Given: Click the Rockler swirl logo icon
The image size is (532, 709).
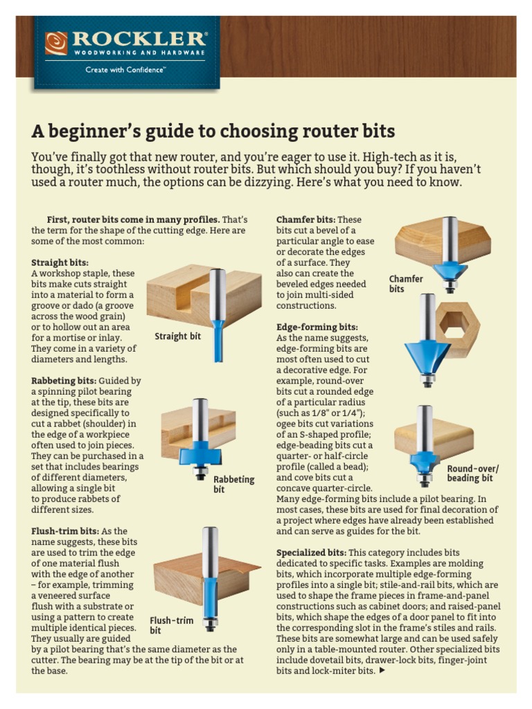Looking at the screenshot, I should (56, 43).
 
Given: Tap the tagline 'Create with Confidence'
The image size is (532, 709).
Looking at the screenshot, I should (125, 70).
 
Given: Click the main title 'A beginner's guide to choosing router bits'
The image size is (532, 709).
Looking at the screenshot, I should (213, 132).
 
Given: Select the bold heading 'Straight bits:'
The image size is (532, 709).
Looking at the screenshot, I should (60, 263).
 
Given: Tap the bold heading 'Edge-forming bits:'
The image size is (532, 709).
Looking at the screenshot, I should (317, 327).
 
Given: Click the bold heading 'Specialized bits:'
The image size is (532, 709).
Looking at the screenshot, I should (311, 553).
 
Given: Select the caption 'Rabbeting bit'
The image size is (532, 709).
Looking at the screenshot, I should (233, 484).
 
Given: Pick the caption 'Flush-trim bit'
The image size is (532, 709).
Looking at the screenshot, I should (171, 625).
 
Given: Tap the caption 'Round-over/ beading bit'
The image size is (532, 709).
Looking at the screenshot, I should (472, 474).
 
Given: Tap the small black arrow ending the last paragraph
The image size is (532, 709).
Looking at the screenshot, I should (383, 670).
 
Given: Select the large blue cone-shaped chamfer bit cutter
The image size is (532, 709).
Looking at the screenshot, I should (427, 356).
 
